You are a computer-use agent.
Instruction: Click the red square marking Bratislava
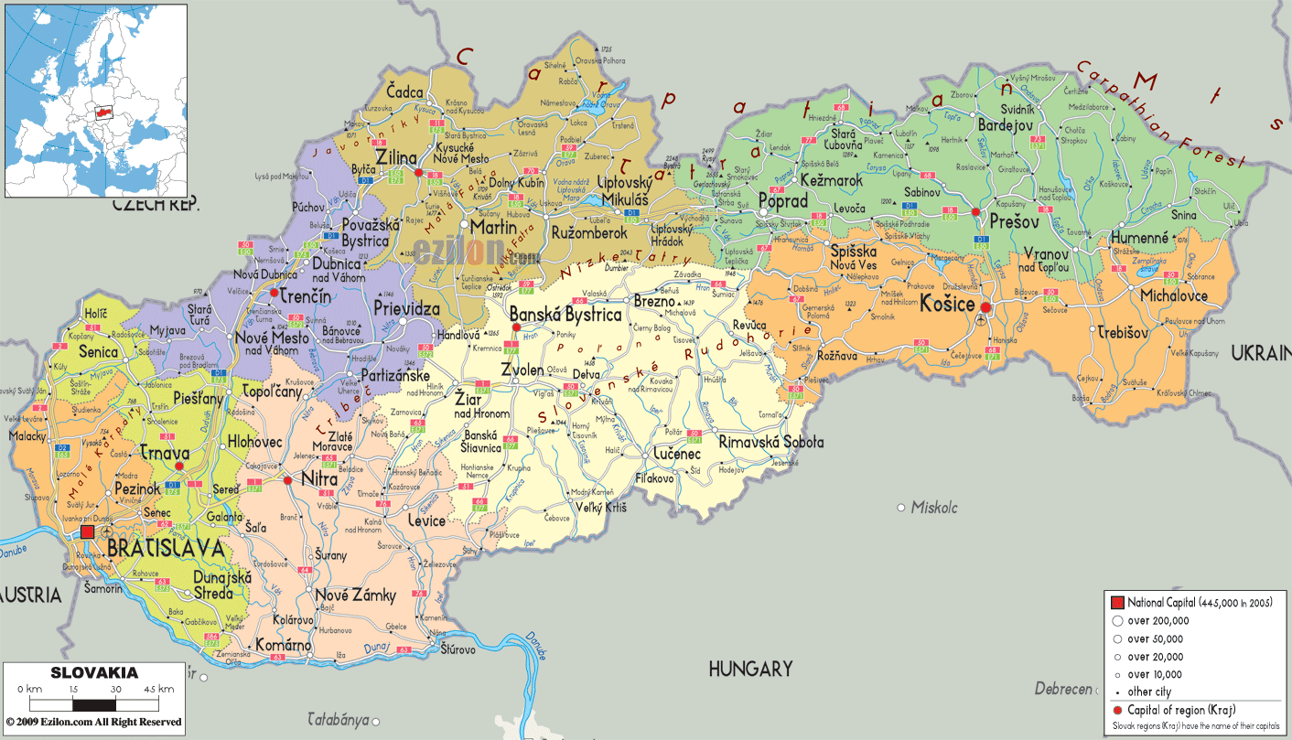tap(87, 531)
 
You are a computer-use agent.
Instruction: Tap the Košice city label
tap(947, 304)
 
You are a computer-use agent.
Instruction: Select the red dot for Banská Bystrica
tap(516, 327)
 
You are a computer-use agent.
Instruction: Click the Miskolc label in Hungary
tap(932, 507)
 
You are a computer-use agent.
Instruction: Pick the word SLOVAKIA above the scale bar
tap(94, 673)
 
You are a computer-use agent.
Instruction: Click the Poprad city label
tap(783, 200)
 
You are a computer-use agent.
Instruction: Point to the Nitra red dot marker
tap(287, 479)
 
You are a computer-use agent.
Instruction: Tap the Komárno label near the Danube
tap(283, 644)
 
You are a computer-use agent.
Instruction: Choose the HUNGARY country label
tap(749, 670)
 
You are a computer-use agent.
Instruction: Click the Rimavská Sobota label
tap(771, 442)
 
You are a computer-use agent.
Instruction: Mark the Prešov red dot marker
tap(975, 211)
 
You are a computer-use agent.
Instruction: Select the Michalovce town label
tap(1173, 295)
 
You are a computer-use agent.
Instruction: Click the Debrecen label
tap(1063, 689)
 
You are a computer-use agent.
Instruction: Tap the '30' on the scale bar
tap(115, 689)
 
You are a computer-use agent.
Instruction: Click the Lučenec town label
tap(677, 454)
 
